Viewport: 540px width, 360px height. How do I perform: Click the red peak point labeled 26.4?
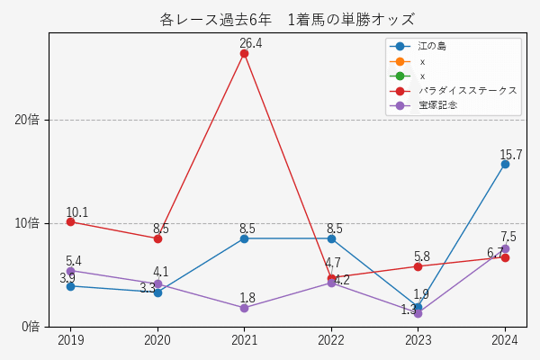click(x=244, y=53)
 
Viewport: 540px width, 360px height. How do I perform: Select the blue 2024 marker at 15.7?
click(x=505, y=164)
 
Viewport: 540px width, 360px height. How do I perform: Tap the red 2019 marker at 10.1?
click(x=70, y=221)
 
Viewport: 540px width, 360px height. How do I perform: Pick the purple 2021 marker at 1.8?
click(x=244, y=308)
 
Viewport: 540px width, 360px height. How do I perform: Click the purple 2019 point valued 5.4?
click(x=70, y=270)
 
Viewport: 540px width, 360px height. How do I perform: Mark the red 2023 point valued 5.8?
click(x=418, y=266)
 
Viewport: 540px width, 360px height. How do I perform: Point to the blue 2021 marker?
click(x=244, y=238)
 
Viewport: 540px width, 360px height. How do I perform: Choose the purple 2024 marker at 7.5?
click(x=505, y=248)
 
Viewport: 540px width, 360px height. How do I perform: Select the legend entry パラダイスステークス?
click(x=467, y=91)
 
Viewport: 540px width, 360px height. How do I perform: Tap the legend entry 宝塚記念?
click(x=437, y=105)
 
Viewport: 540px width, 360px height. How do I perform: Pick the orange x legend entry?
click(x=421, y=61)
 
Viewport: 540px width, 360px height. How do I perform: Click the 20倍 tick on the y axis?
click(x=27, y=120)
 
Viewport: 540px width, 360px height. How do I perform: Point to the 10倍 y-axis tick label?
click(x=27, y=223)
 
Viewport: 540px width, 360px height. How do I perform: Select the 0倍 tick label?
click(x=30, y=326)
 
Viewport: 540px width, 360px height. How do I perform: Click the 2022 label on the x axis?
click(x=331, y=340)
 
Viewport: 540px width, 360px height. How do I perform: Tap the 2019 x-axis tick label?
click(x=70, y=340)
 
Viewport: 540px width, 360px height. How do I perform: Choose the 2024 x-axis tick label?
click(x=505, y=340)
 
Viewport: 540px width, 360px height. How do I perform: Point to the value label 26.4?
click(x=250, y=43)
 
